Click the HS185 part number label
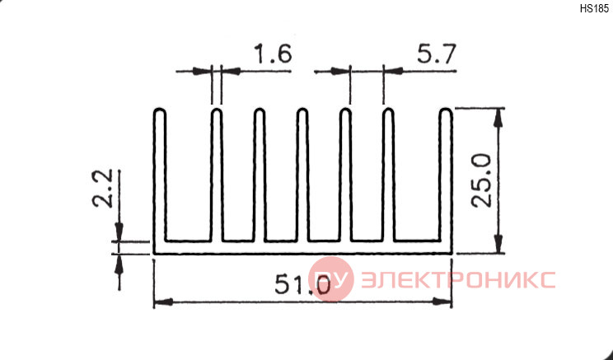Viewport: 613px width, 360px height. [x=594, y=8]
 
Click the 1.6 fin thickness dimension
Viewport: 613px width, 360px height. [x=274, y=54]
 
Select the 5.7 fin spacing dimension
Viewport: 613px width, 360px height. [x=437, y=54]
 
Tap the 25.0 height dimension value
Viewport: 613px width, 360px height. [x=481, y=180]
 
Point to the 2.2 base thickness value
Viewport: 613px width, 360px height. [x=102, y=188]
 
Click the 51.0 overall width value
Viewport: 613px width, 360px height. [x=302, y=284]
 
